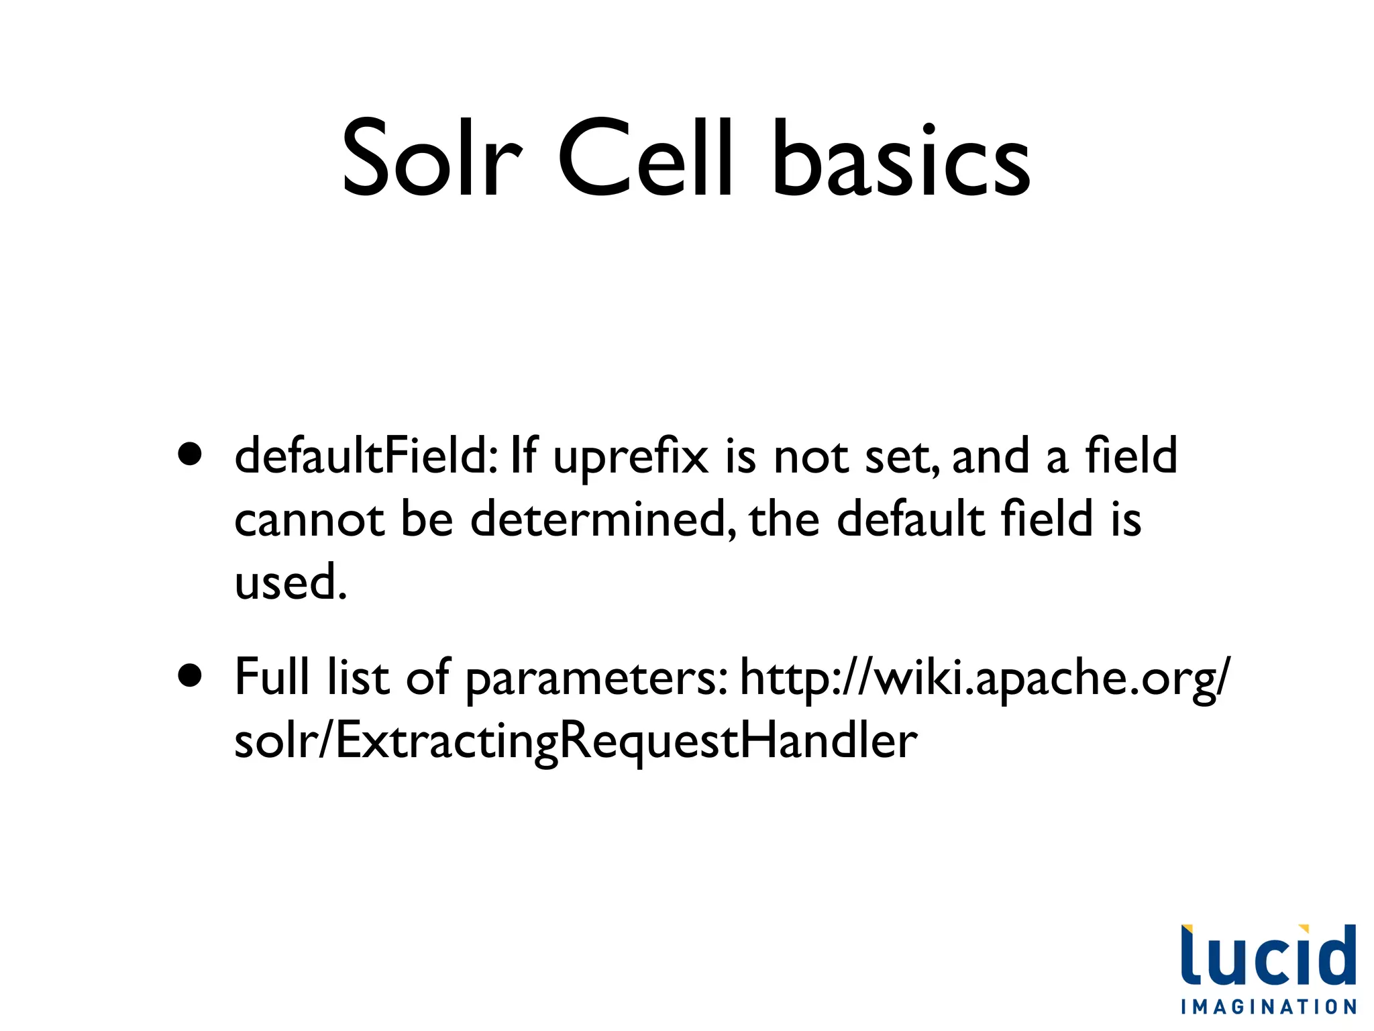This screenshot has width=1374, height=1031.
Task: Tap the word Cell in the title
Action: click(645, 158)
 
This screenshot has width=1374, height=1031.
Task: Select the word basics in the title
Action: click(900, 158)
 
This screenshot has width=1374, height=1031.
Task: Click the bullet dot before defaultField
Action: click(191, 454)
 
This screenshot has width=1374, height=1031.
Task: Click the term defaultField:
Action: click(366, 455)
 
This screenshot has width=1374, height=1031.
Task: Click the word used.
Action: click(290, 581)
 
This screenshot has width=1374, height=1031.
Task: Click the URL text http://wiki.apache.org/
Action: click(986, 678)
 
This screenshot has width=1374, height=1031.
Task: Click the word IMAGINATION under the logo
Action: click(1269, 1007)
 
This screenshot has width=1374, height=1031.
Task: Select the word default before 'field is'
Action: click(910, 519)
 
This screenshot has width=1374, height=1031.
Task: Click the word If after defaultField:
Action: click(523, 454)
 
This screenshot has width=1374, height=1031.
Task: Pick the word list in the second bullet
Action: click(358, 676)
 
